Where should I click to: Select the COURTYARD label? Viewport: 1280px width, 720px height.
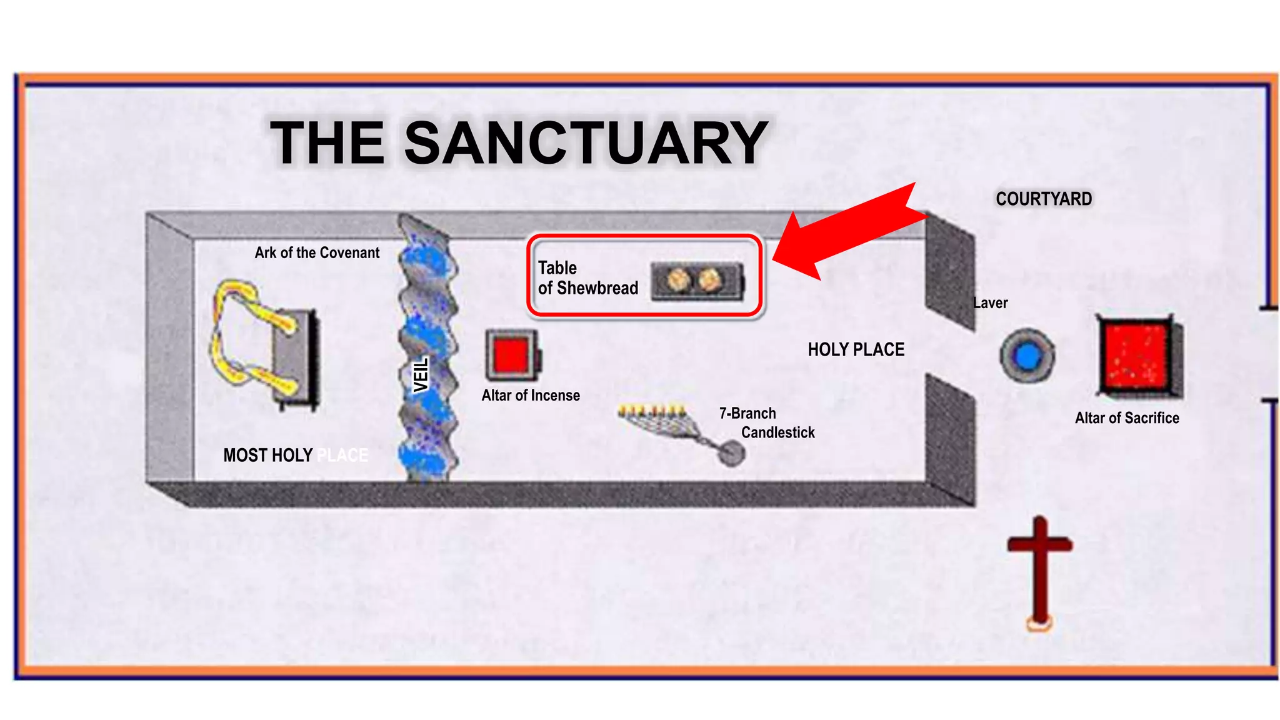[x=1044, y=199]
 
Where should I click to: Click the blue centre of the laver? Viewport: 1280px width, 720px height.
[x=1027, y=356]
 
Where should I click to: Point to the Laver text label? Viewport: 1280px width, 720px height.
[x=990, y=303]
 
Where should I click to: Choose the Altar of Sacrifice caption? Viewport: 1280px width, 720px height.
[x=1127, y=418]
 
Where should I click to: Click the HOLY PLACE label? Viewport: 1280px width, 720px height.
[x=856, y=349]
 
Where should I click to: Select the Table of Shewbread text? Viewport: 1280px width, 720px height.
[x=587, y=278]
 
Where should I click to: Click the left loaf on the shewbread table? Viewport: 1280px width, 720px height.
[x=678, y=280]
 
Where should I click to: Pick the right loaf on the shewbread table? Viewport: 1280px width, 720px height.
[x=709, y=280]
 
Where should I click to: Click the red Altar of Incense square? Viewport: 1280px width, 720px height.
[x=511, y=355]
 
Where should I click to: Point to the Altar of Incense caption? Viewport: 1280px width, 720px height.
[x=531, y=396]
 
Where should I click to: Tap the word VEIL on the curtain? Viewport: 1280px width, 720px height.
[x=422, y=375]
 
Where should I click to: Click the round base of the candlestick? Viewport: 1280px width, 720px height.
[x=730, y=453]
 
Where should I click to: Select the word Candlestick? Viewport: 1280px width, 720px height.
[x=777, y=432]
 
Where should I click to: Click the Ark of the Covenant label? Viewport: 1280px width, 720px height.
[x=317, y=252]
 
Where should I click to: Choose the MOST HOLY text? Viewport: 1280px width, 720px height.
[x=268, y=455]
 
